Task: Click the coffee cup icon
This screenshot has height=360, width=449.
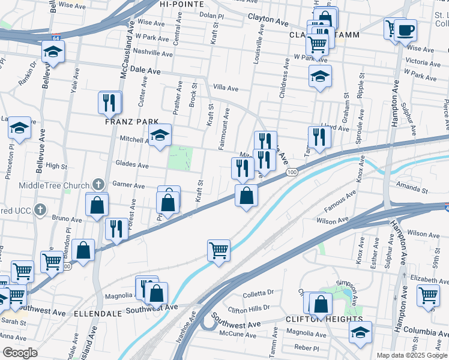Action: point(405,29)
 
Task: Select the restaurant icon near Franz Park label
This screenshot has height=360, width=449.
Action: point(110,103)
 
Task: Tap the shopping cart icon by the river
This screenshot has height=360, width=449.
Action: point(219,250)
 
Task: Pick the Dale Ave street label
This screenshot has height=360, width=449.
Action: point(145,71)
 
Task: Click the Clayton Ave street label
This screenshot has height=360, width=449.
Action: point(268,20)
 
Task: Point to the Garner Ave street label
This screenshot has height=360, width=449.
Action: point(128,186)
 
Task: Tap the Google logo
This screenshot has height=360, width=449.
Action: point(20,353)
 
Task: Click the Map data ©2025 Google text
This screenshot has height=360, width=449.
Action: point(411,355)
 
